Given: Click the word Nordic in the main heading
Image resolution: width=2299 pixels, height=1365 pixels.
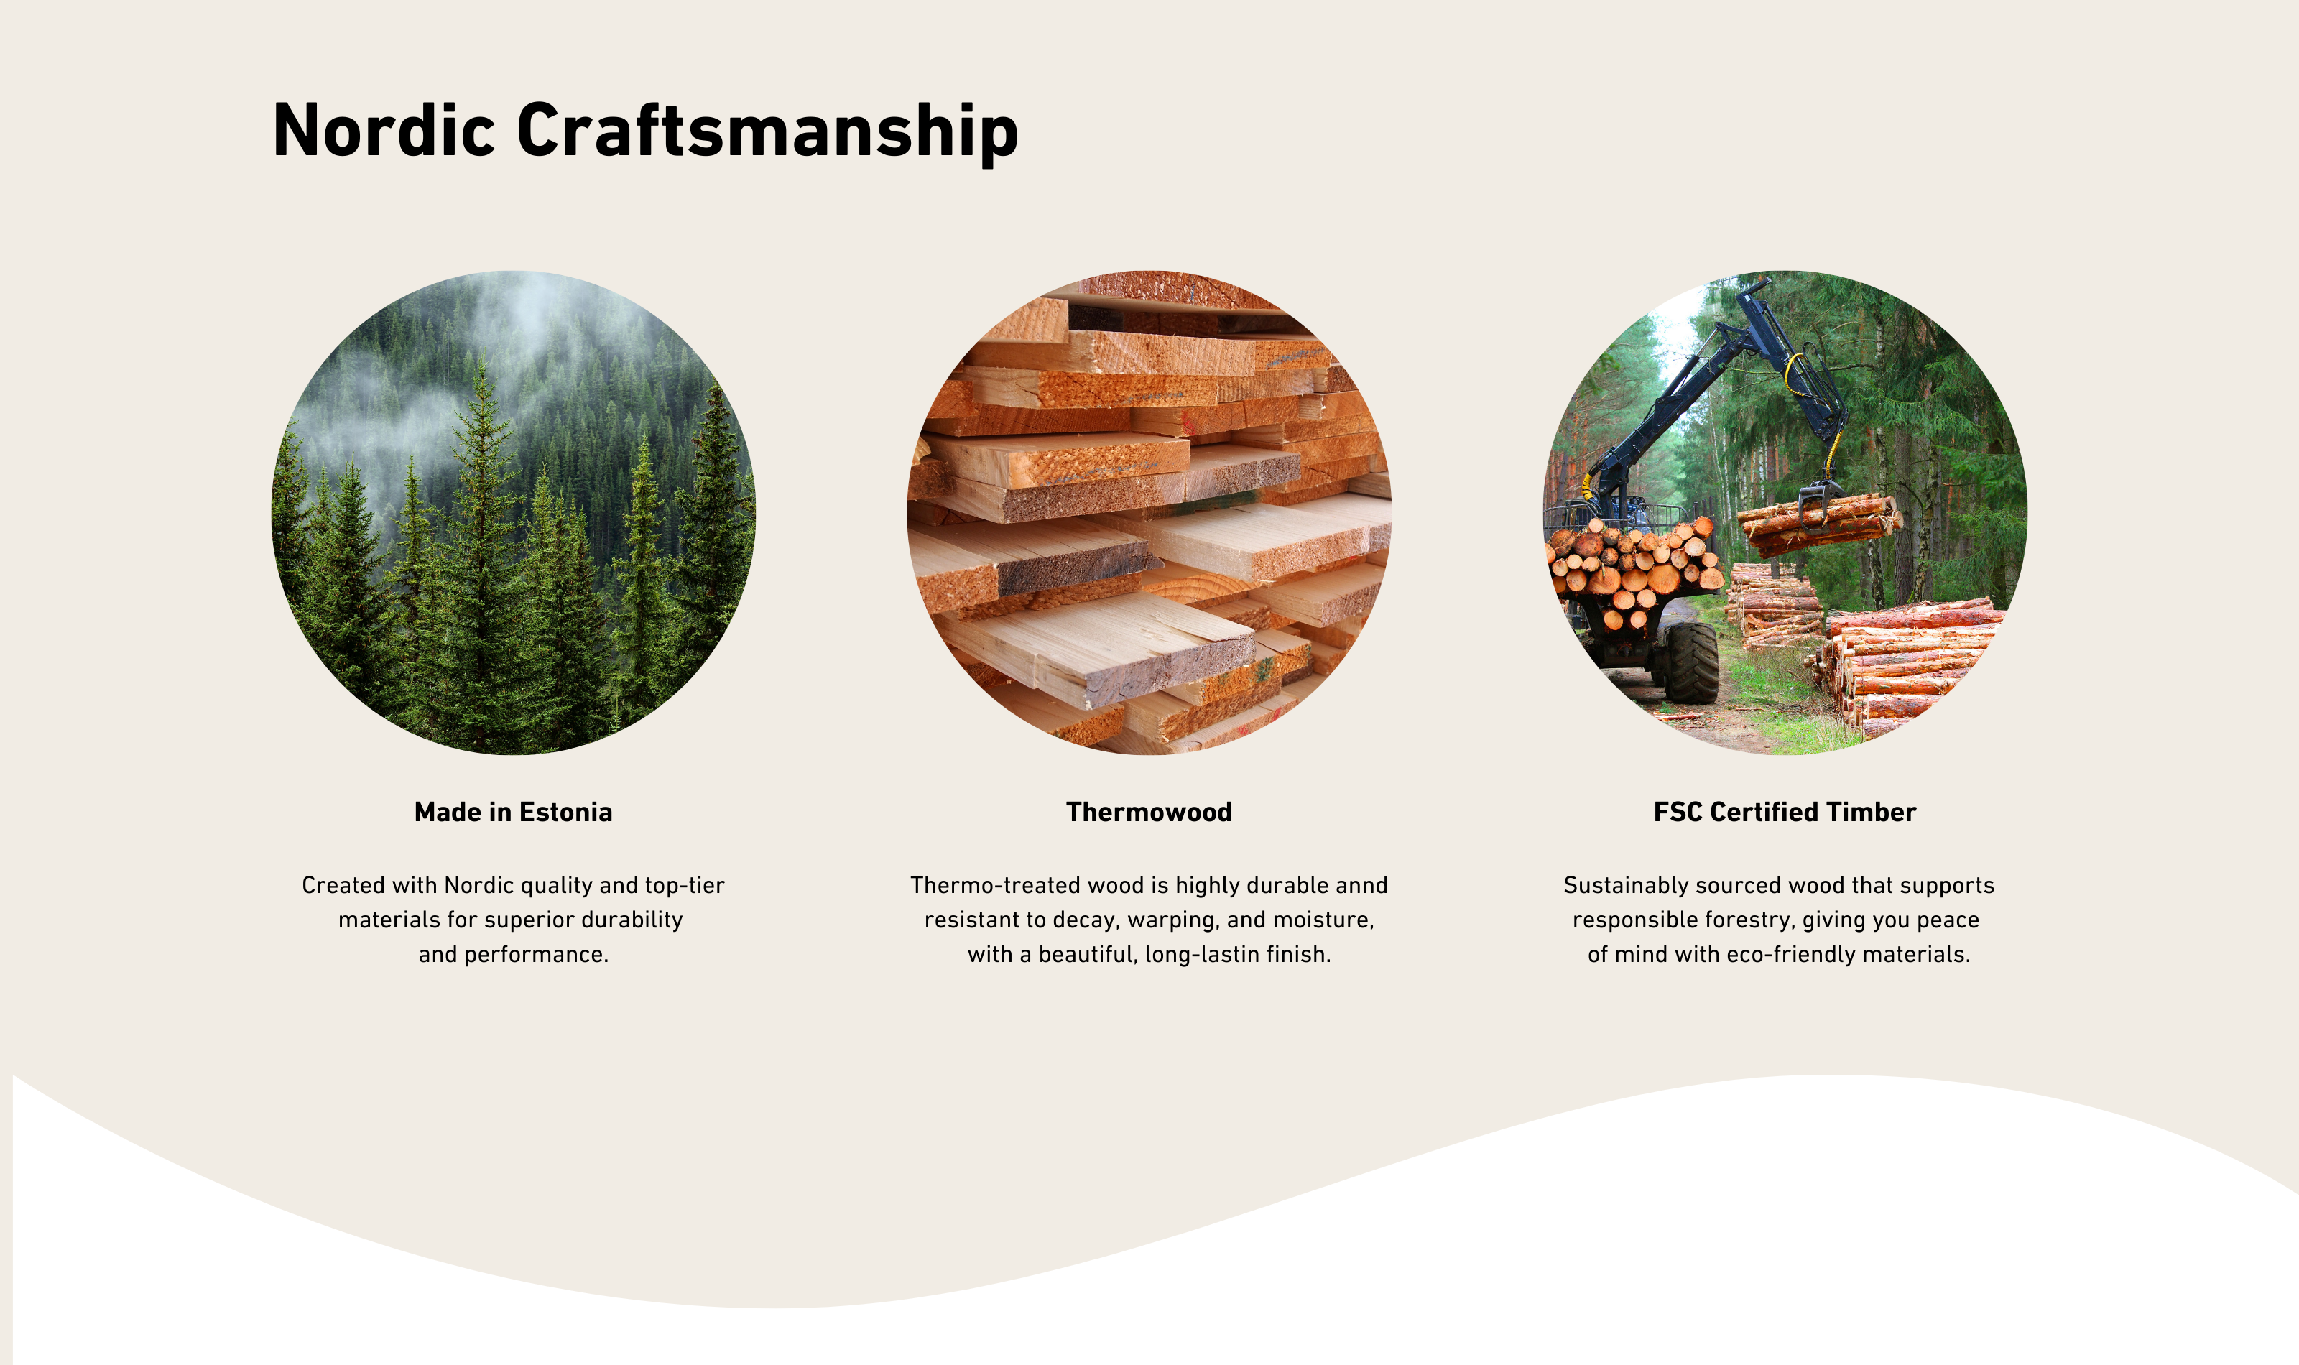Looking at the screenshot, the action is click(x=384, y=131).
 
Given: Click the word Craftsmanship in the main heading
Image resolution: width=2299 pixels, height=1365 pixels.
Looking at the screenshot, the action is click(x=768, y=134).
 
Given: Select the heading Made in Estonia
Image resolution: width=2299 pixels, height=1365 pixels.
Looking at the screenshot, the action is click(x=513, y=813).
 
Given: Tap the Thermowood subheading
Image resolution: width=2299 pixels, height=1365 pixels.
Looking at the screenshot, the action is click(x=1149, y=813).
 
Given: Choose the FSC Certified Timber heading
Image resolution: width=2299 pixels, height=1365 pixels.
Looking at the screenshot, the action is click(x=1785, y=813).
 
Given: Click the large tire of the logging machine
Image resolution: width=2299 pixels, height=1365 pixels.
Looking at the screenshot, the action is click(x=1691, y=663).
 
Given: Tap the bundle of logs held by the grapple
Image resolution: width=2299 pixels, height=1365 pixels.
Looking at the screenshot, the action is click(x=1818, y=524).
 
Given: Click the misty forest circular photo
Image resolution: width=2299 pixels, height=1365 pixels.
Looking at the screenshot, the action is click(x=513, y=512).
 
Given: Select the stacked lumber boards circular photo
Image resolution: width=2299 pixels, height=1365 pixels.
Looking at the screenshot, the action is click(x=1149, y=512).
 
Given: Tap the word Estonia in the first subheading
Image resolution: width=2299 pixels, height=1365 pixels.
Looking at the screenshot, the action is click(x=565, y=813).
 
